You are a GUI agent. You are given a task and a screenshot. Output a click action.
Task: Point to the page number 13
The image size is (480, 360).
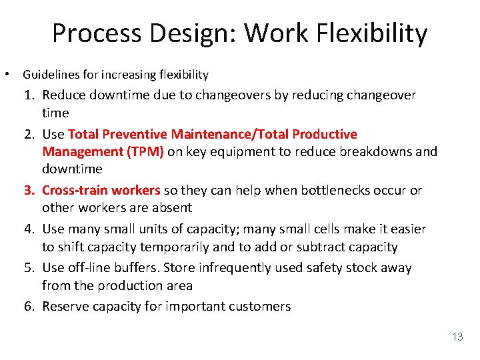(457, 337)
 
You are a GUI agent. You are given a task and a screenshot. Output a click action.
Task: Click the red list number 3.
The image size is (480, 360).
(29, 190)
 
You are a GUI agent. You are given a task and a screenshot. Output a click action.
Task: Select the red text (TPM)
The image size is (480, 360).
(146, 151)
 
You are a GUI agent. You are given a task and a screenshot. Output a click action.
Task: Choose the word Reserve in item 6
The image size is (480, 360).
(66, 306)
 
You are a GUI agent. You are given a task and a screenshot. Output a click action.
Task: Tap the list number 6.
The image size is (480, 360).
(29, 306)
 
